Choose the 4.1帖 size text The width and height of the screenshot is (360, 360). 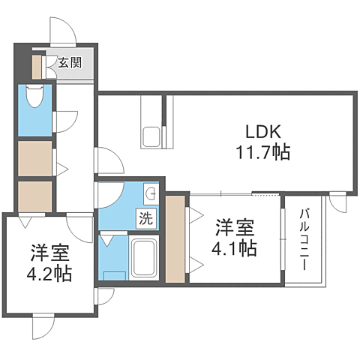point(235,247)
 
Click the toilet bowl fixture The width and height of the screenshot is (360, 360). point(34,98)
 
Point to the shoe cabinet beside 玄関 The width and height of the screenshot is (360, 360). point(37,65)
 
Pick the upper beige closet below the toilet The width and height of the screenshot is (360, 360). point(34,157)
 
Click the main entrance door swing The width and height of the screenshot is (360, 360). point(62,30)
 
